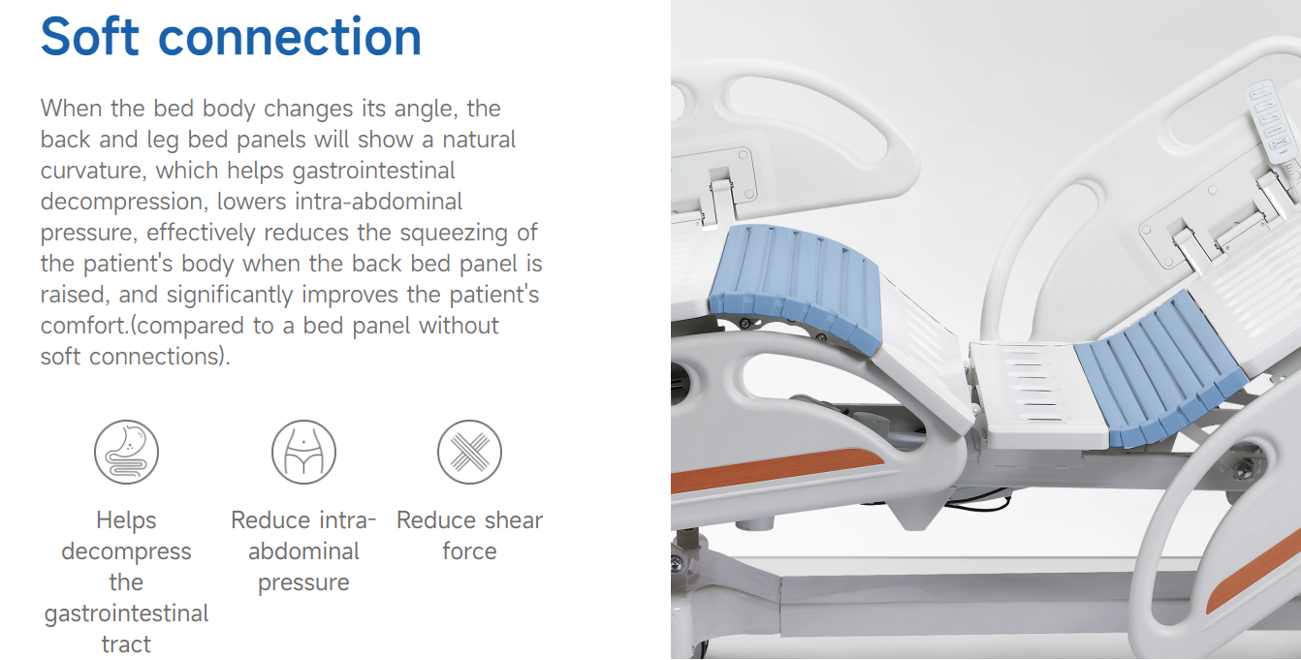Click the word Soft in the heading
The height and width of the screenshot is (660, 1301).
click(x=90, y=36)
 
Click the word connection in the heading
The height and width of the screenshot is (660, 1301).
click(x=290, y=38)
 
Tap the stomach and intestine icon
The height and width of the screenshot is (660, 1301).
click(x=127, y=453)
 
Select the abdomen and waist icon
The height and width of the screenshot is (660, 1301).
click(x=303, y=453)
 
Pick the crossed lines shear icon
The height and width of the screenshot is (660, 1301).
click(x=469, y=453)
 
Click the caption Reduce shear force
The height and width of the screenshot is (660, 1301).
click(x=469, y=535)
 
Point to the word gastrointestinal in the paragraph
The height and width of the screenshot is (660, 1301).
click(x=373, y=172)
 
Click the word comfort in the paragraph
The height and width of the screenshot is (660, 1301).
click(x=83, y=325)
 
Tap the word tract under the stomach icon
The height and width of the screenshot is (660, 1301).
click(x=126, y=644)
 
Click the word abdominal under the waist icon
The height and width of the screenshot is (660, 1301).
click(x=303, y=551)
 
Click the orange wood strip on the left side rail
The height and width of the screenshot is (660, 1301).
click(x=776, y=469)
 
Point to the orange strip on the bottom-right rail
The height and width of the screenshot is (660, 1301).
click(x=1254, y=573)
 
